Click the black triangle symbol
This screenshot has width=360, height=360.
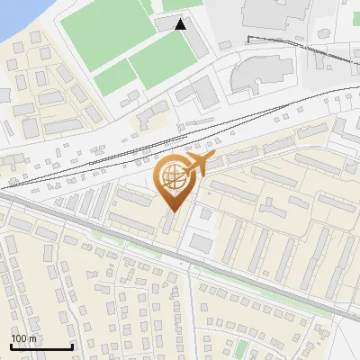[x=181, y=24]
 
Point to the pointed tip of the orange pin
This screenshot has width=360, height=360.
[x=174, y=211]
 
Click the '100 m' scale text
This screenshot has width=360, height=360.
[x=24, y=338]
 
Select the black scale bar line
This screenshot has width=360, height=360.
[x=41, y=347]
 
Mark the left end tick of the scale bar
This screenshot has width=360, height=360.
[x=11, y=346]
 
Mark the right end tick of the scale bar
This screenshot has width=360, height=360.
[x=72, y=346]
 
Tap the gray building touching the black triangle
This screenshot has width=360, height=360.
[x=167, y=22]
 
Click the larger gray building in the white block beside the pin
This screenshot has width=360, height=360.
[x=200, y=242]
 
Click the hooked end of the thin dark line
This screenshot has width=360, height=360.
[x=248, y=39]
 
